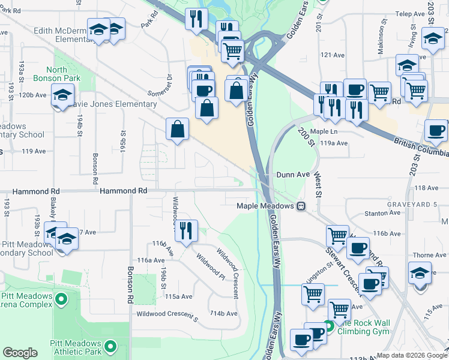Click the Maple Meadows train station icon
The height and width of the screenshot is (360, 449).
coord(301,206)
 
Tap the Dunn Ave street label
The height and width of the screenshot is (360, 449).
coord(292,175)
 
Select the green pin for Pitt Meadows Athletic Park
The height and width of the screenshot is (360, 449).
coord(110,346)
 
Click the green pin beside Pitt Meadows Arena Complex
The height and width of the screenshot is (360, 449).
coord(61,298)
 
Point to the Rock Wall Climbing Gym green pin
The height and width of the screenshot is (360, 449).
coord(328,328)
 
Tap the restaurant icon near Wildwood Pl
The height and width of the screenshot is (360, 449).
coord(186,230)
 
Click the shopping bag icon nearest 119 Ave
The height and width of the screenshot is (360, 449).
coord(178,129)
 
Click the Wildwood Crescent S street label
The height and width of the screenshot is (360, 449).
coord(167,313)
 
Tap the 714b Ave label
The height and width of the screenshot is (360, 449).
coord(223,313)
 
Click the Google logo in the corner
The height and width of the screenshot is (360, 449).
coord(20,353)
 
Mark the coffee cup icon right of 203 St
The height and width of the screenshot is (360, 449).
coord(436,130)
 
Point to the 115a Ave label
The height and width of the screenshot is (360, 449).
coord(179,296)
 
